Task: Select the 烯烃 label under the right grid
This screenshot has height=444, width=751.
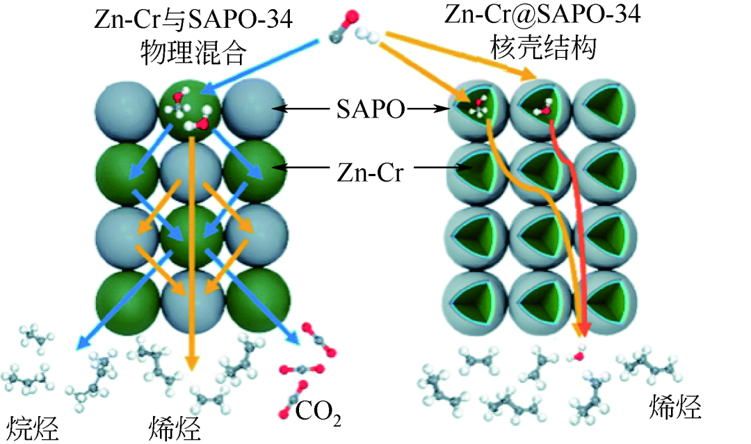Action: (675, 406)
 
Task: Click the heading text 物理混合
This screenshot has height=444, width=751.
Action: (193, 52)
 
